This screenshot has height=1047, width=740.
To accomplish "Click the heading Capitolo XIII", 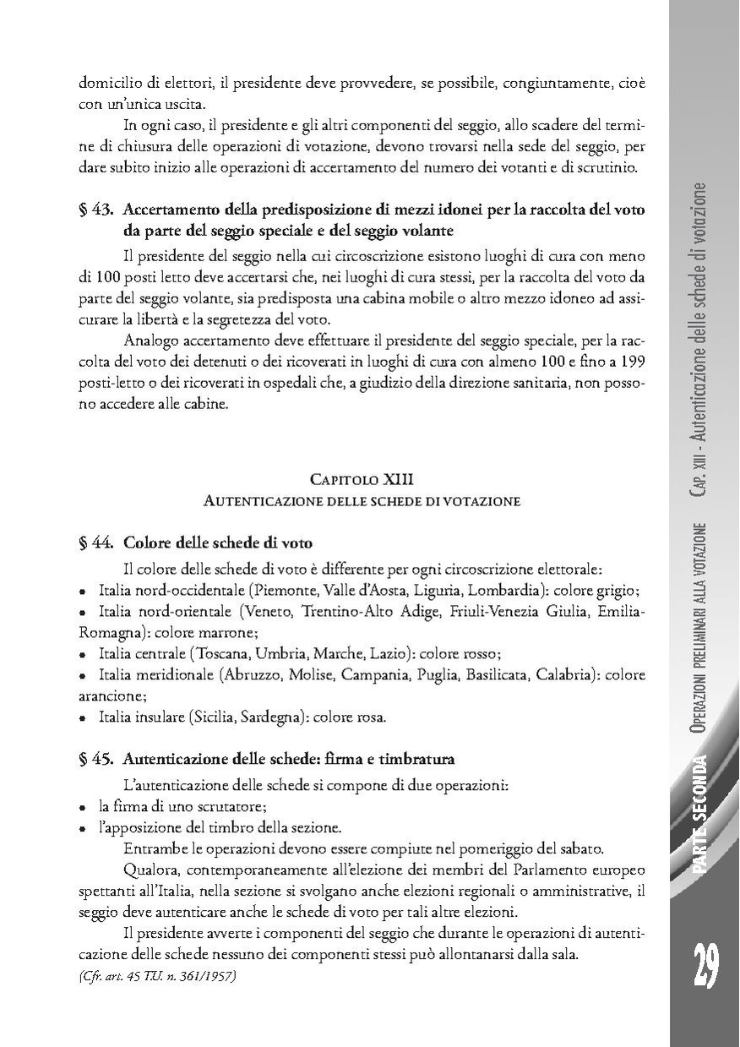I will tap(362, 480).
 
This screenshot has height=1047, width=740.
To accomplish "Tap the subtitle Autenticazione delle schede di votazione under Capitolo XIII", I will tap(362, 501).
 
